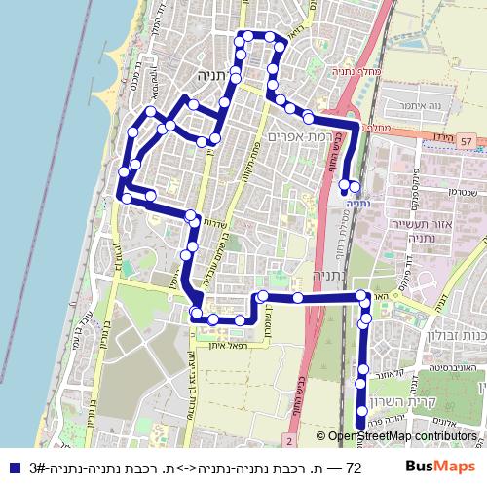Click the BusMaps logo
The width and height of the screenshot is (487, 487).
[x=440, y=468]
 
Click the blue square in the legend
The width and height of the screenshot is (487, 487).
[x=9, y=468]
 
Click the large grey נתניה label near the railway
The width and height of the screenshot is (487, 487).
[x=311, y=275]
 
